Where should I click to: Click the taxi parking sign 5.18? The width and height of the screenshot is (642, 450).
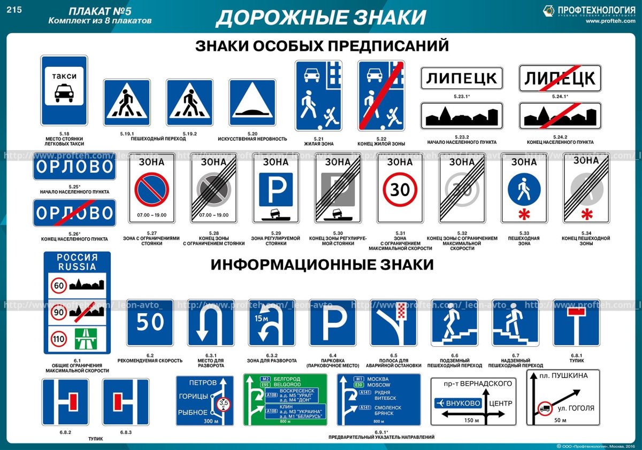pos(64,90)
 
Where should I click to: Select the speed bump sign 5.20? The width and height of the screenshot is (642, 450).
pos(252,103)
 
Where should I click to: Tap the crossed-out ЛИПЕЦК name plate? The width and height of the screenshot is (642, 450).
pos(560,79)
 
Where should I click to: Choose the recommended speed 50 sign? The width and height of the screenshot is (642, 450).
pos(150,322)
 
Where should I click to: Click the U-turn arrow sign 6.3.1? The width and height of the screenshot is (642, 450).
pos(211,322)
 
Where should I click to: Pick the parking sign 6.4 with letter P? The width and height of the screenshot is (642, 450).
pos(333,322)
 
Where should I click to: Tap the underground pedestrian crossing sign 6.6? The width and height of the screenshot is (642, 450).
pos(454,322)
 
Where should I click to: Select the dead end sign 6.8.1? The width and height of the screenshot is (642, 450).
pos(576,322)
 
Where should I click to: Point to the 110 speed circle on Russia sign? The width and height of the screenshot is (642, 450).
pos(59,338)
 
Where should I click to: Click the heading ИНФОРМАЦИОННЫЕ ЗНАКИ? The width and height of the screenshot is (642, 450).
pos(322,265)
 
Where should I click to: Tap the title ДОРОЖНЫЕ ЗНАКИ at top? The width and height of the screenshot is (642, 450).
pos(321,17)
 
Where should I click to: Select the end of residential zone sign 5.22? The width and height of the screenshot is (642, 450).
pos(380,96)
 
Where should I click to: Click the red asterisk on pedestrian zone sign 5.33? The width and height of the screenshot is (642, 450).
pos(524,215)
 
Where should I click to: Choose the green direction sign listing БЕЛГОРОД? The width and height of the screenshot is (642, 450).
pos(285,400)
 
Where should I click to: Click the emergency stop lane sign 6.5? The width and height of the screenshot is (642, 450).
pos(394,322)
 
